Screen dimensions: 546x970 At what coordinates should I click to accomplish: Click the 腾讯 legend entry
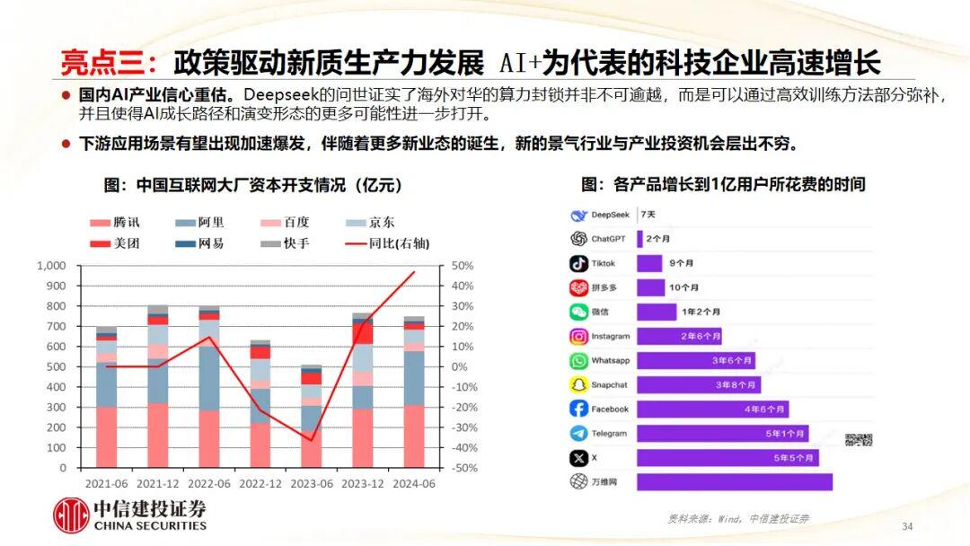tap(115, 222)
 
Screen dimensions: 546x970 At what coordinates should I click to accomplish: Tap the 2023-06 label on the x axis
tap(311, 482)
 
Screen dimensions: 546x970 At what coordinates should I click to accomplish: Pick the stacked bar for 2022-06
tap(208, 387)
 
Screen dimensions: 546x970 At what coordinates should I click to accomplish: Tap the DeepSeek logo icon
tap(578, 216)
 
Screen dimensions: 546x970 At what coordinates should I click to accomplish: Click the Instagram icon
tap(578, 337)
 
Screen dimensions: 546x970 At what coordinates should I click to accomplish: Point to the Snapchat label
tap(610, 385)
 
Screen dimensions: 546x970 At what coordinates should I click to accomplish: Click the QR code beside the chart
tap(858, 439)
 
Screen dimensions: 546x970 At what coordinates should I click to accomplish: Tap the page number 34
tap(906, 525)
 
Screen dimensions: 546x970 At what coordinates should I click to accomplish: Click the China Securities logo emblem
tap(71, 515)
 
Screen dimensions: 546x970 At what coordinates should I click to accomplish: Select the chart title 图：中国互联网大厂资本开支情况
tap(252, 185)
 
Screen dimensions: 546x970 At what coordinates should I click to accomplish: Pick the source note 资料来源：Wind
tap(736, 518)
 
